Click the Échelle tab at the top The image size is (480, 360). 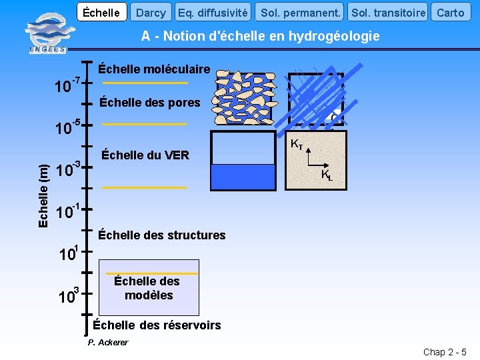point(102,12)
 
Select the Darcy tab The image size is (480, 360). point(151,12)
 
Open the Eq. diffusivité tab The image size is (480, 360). point(213,12)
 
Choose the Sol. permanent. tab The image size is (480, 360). point(301,12)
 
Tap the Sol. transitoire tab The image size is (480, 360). point(388,12)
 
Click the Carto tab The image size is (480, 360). point(450,12)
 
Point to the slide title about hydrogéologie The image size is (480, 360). point(260,36)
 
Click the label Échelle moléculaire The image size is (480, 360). point(154,69)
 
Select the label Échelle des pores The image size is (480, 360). point(149,103)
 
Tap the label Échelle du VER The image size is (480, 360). point(145,155)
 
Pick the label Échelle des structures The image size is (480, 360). point(162,235)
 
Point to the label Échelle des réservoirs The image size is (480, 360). point(157,325)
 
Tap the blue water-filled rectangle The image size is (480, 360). point(242,177)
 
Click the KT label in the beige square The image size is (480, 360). point(297,144)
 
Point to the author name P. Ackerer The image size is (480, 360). point(108,343)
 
